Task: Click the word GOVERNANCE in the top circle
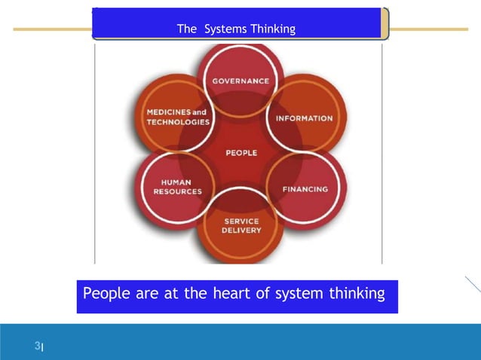[240, 81]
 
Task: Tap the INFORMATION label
[304, 118]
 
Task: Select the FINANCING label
[305, 189]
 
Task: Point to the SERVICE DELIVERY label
[241, 226]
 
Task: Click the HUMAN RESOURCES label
[178, 187]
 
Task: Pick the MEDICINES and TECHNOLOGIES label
[178, 117]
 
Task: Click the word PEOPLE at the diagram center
[241, 153]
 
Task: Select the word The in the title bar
[186, 29]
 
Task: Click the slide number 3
[36, 346]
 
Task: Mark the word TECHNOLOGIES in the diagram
[178, 122]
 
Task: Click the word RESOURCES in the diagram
[178, 192]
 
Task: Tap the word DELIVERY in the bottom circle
[241, 230]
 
